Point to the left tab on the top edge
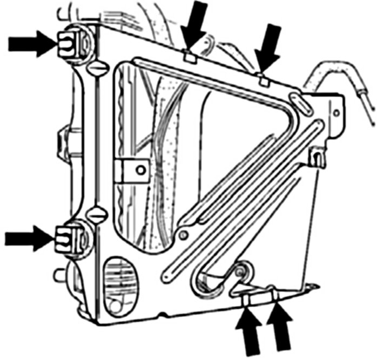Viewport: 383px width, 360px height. [x=189, y=55]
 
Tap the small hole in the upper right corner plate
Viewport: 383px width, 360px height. [x=336, y=113]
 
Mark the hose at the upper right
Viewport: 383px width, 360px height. [x=330, y=76]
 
